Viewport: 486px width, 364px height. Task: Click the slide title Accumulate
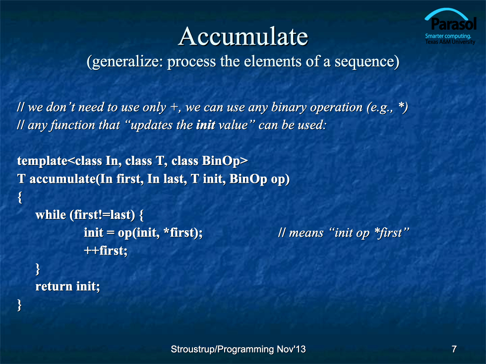(243, 37)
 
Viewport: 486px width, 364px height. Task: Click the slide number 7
(454, 349)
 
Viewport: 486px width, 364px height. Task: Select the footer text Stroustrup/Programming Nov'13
(238, 349)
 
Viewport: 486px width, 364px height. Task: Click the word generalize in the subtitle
(125, 62)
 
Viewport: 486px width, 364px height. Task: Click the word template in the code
(42, 161)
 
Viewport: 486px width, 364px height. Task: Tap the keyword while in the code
(51, 214)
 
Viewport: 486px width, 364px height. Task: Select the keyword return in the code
(54, 286)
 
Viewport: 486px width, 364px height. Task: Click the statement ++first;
(106, 251)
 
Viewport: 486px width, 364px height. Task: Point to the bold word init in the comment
(205, 125)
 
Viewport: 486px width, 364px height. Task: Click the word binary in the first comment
(289, 107)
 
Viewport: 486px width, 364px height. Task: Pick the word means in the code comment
(306, 233)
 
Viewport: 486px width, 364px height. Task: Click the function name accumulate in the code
(62, 179)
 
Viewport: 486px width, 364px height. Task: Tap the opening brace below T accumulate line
(20, 197)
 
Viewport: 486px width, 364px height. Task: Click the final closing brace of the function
(19, 305)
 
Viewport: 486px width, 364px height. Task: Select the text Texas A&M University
(450, 42)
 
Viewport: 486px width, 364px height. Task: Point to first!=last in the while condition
(102, 215)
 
